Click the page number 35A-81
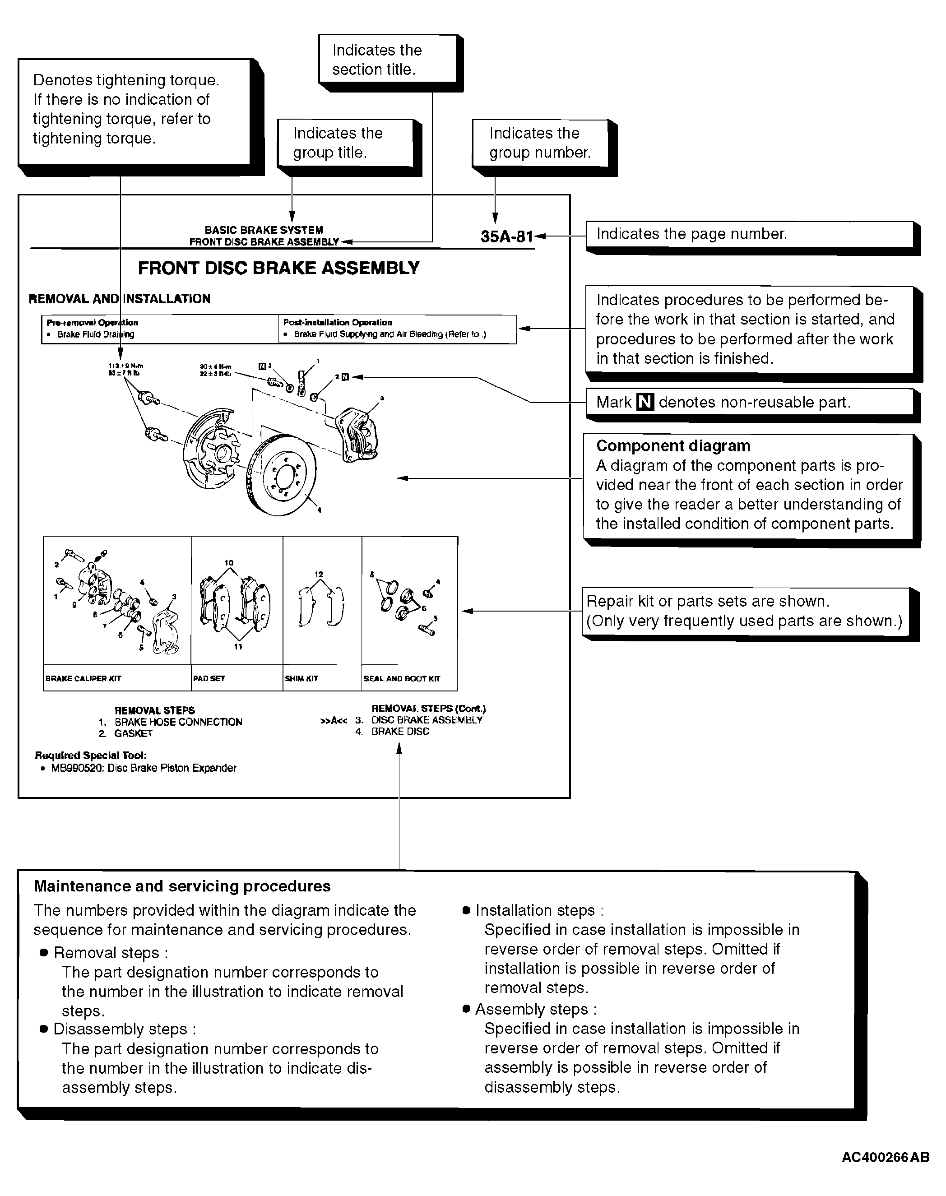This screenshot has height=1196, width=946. click(506, 237)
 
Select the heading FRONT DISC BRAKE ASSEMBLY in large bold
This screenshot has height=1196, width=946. click(278, 268)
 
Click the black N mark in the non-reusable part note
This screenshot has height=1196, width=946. click(645, 402)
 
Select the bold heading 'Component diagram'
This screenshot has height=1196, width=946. click(673, 446)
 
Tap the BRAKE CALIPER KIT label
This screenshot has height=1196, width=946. click(83, 678)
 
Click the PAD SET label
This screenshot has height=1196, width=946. click(209, 678)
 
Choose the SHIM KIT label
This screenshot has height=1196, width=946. click(301, 678)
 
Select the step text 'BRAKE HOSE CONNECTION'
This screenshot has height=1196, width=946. click(178, 722)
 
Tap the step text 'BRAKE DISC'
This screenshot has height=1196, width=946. click(400, 732)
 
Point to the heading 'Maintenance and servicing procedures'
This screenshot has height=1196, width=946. click(182, 886)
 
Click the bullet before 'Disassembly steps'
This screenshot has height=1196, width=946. click(44, 1029)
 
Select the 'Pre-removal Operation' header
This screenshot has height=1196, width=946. click(92, 322)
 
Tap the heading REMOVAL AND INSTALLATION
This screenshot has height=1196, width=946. click(119, 299)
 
